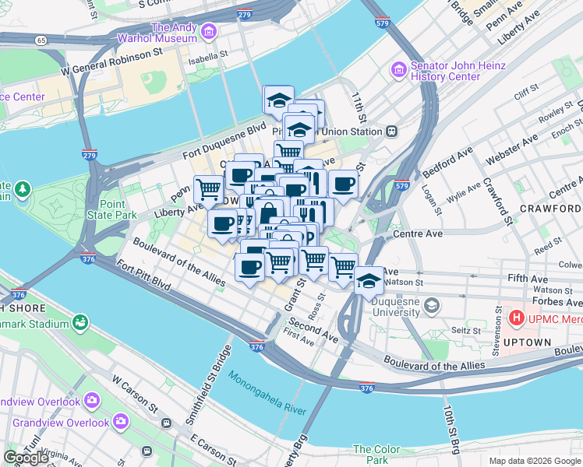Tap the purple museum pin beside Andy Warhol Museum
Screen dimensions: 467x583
pos(208,32)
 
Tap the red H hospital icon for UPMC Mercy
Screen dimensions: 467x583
pos(515,318)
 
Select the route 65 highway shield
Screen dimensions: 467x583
pos(41,39)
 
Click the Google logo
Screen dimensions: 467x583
pos(26,458)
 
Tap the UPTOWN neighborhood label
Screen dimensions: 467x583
pos(528,342)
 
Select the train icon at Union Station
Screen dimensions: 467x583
pos(392,130)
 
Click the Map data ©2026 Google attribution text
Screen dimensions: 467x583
pos(534,461)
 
